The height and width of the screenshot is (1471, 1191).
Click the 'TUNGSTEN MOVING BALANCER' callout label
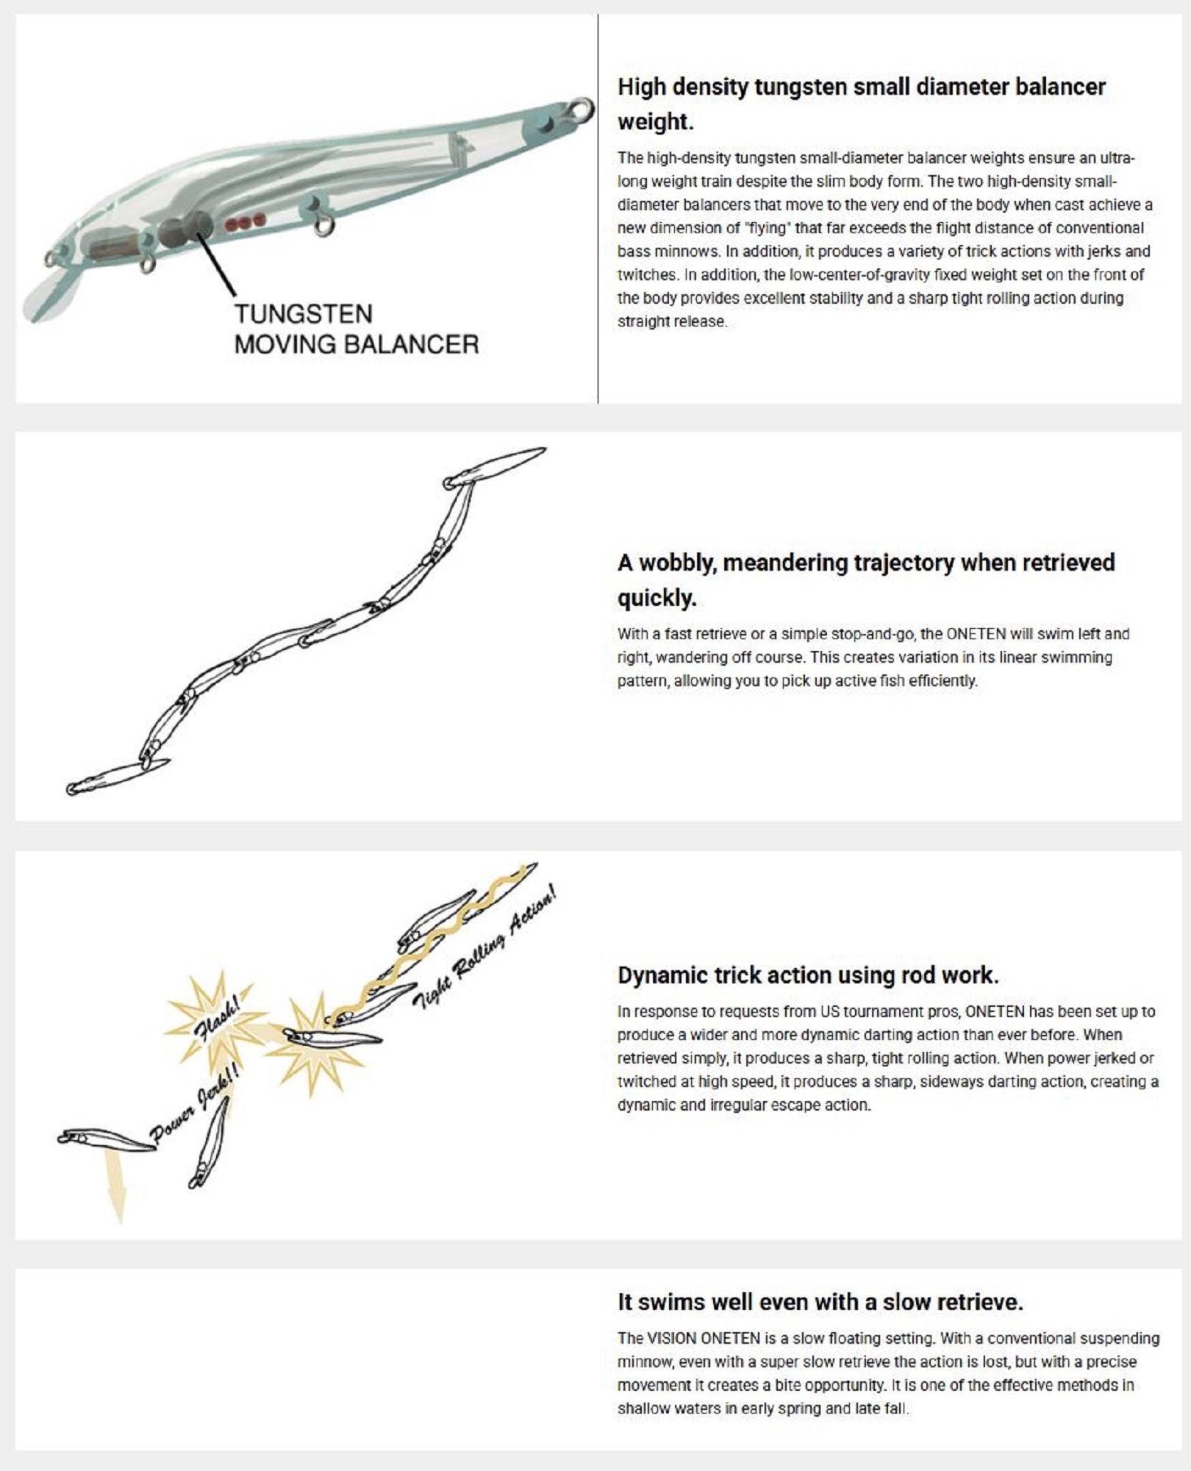357,329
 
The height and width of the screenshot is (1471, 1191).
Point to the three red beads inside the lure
245,221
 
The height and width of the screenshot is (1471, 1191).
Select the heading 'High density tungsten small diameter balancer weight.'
862,104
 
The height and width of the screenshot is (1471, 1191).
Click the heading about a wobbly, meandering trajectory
866,580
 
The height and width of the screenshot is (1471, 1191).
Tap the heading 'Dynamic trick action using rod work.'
808,975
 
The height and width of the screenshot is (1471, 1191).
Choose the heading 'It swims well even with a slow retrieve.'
820,1302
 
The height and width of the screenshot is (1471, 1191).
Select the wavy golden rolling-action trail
430,943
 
